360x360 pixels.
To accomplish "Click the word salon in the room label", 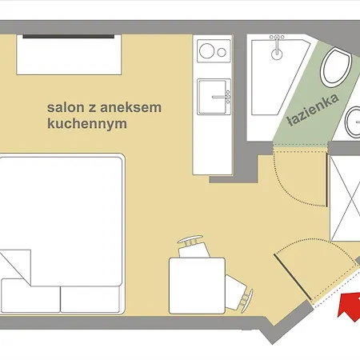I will click(64, 106).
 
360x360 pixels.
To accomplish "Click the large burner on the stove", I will click(204, 53).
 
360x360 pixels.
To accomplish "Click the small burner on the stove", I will click(221, 53).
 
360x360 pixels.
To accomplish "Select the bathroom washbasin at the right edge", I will click(354, 124).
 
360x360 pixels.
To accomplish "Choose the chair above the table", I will click(190, 243).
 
